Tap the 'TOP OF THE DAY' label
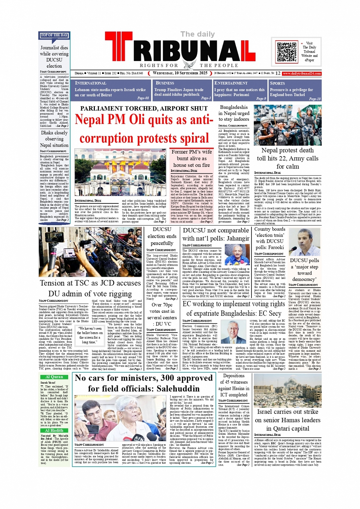pos(54,35)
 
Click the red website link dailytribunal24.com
pos(302,73)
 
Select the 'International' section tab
pos(91,83)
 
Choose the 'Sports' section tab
pos(277,83)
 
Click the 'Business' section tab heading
pos(165,83)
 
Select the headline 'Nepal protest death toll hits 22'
pos(288,158)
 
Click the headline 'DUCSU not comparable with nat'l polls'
pos(216,234)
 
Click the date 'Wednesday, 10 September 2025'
pos(180,73)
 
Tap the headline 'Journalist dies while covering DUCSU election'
pos(54,56)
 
